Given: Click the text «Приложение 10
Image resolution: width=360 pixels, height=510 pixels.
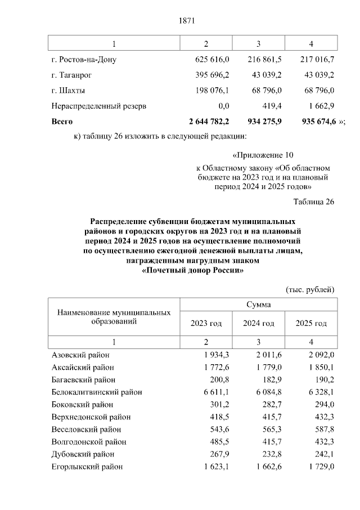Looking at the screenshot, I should tap(263, 155).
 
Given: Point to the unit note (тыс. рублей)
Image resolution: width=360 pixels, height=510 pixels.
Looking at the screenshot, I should tap(310, 289).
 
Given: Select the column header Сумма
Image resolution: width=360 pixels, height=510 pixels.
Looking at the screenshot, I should tap(258, 305).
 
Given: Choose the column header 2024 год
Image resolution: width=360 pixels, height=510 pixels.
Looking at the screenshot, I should tap(258, 324).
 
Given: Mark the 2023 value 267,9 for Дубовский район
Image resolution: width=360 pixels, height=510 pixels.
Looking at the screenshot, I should tap(218, 454).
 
